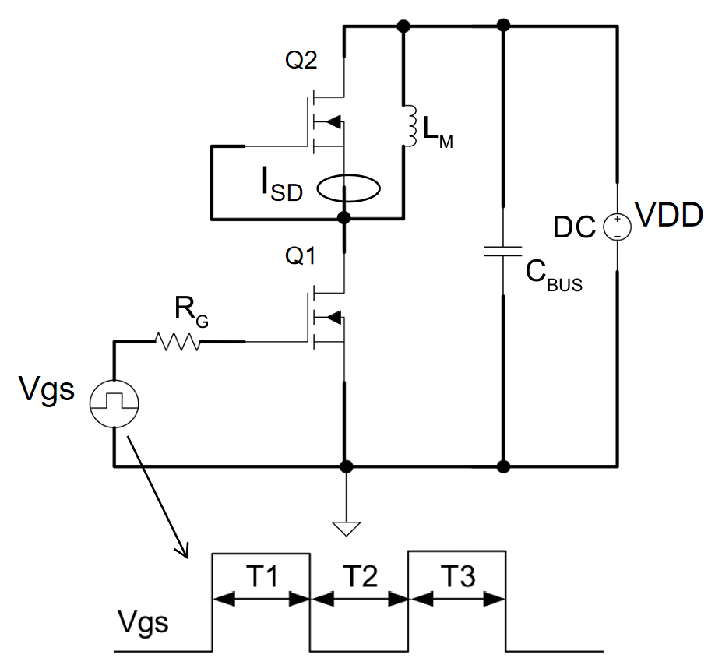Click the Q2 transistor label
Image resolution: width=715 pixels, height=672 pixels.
coord(301,62)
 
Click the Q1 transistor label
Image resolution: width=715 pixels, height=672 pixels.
coord(301,255)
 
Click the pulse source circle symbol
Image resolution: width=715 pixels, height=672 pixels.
coord(114,403)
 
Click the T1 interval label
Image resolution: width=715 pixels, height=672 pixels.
coord(262,577)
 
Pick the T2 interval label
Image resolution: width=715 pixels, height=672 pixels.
coord(360,577)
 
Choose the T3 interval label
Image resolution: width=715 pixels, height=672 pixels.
coord(458,577)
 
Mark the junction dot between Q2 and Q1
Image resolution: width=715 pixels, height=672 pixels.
coord(343,218)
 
